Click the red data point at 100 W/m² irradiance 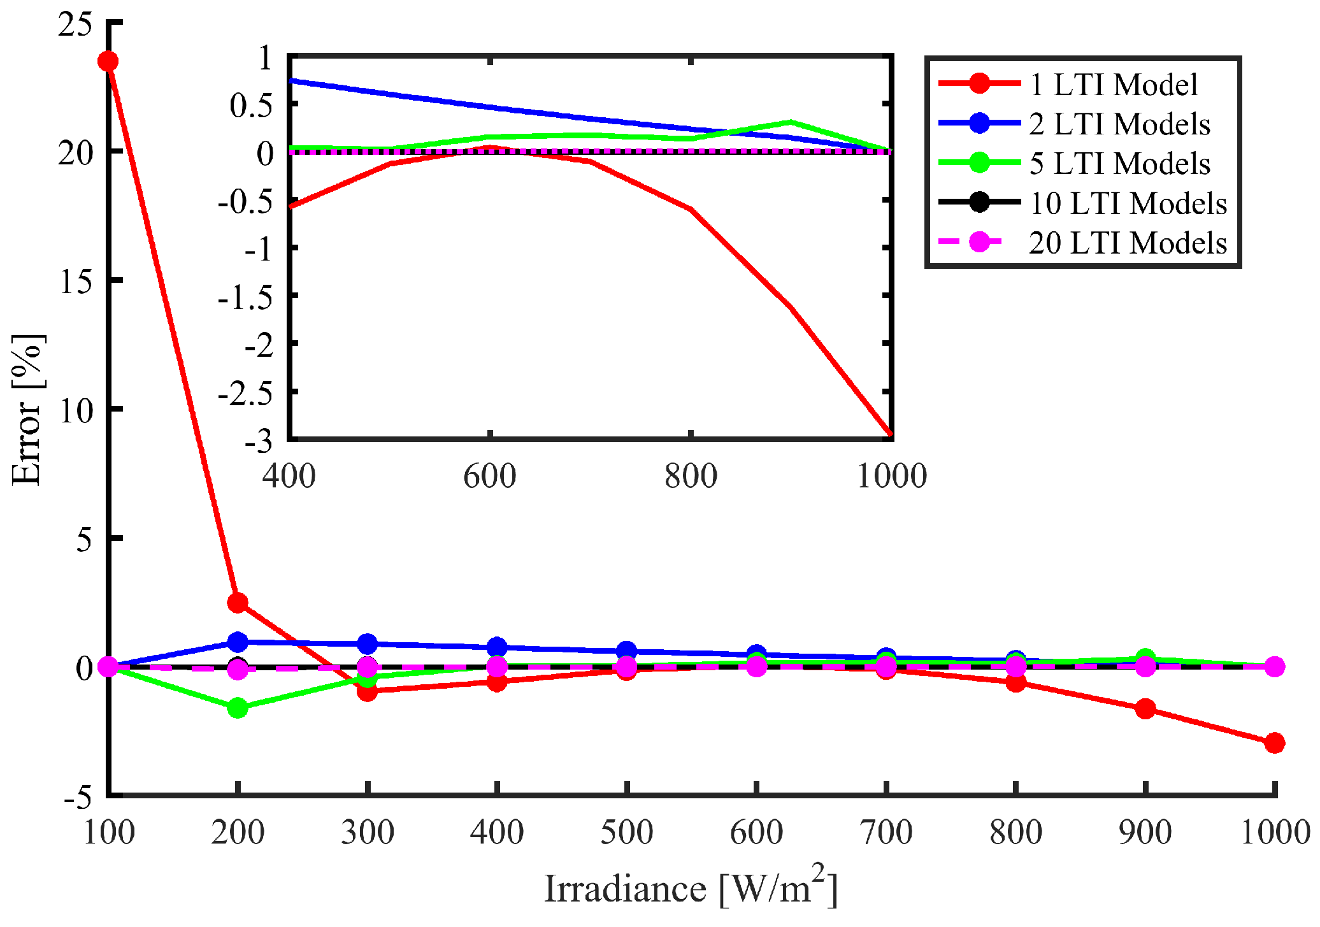point(108,61)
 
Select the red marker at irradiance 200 point(238,602)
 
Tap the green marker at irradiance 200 point(238,708)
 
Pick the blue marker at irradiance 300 point(367,643)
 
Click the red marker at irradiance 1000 point(1274,742)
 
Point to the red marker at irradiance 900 point(1145,708)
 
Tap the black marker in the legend point(979,203)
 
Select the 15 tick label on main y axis point(76,281)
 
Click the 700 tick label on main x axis point(886,832)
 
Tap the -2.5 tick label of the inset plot point(245,393)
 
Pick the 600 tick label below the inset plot point(489,476)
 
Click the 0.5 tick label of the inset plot point(252,105)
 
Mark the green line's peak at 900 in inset point(791,122)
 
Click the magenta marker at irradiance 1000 point(1274,666)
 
